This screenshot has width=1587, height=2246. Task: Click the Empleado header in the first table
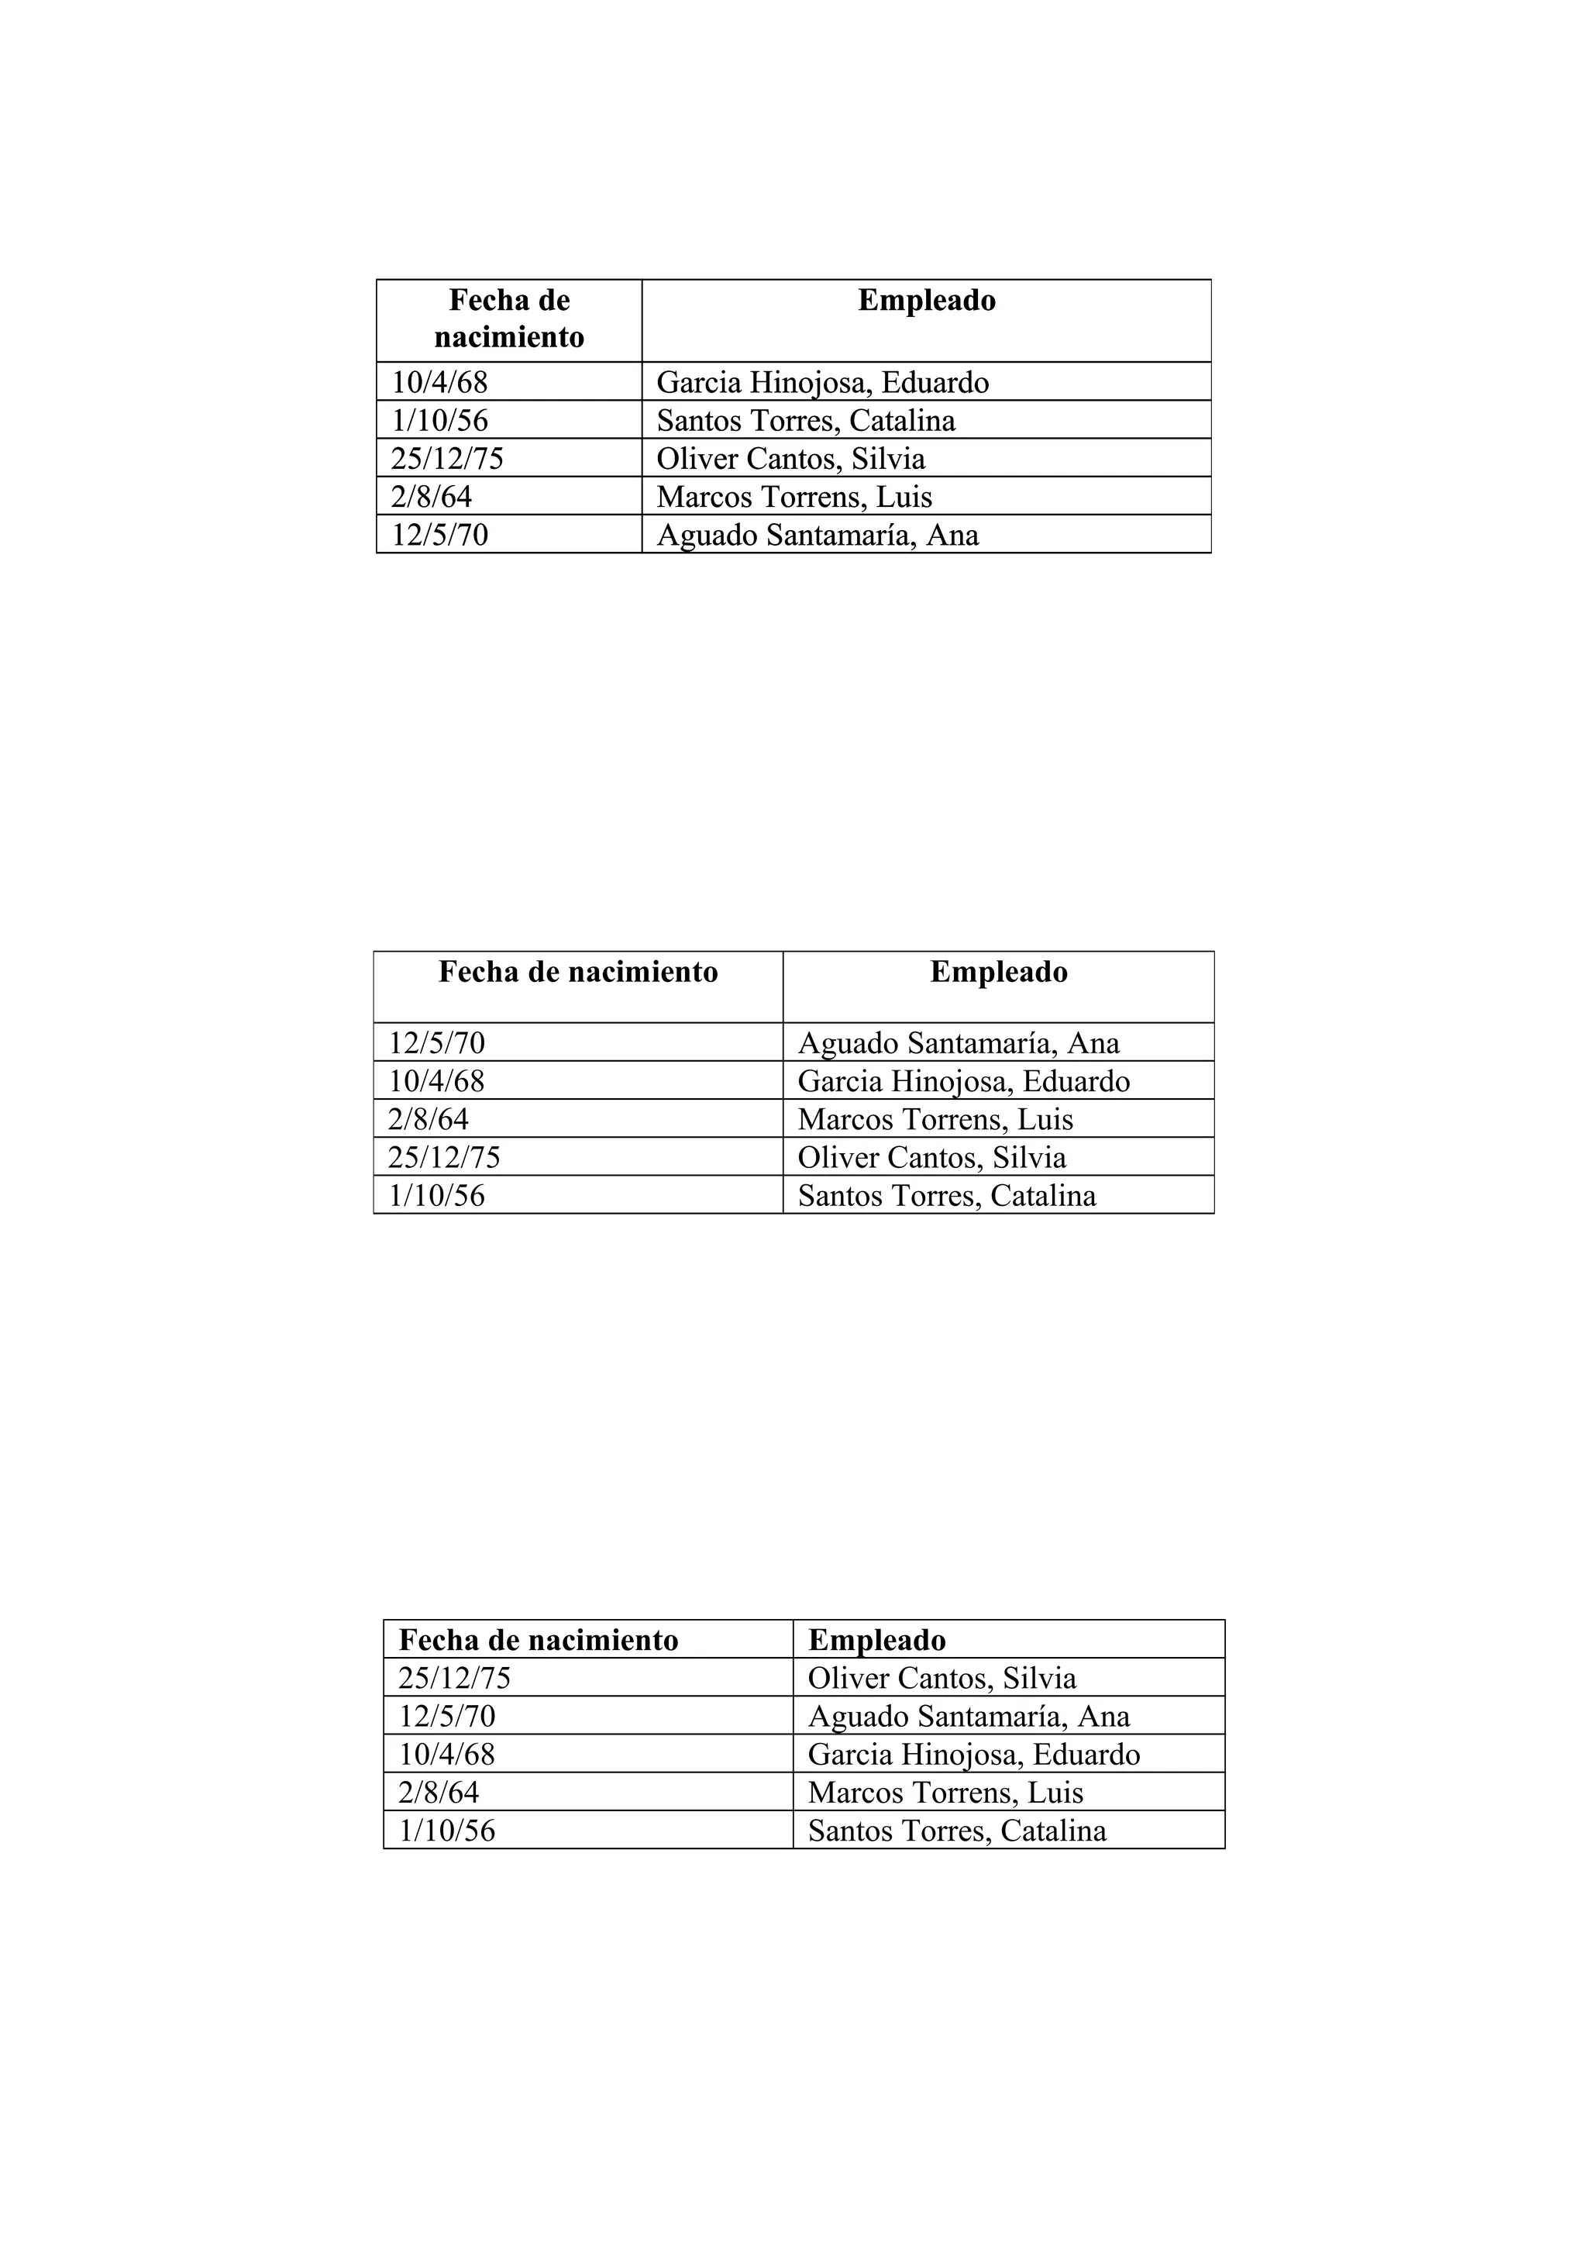pyautogui.click(x=926, y=300)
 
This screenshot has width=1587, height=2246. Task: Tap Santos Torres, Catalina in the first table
pyautogui.click(x=806, y=421)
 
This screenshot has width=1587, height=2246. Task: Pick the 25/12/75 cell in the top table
pyautogui.click(x=447, y=459)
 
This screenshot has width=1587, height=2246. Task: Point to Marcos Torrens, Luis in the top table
pyautogui.click(x=794, y=497)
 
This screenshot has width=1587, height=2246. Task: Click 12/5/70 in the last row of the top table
pyautogui.click(x=439, y=535)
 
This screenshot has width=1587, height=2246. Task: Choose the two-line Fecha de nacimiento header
pyautogui.click(x=508, y=318)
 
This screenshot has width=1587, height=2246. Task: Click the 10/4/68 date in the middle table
pyautogui.click(x=436, y=1081)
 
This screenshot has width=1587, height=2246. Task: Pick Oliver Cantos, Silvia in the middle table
pyautogui.click(x=931, y=1157)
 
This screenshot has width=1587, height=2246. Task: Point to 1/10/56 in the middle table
pyautogui.click(x=436, y=1195)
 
